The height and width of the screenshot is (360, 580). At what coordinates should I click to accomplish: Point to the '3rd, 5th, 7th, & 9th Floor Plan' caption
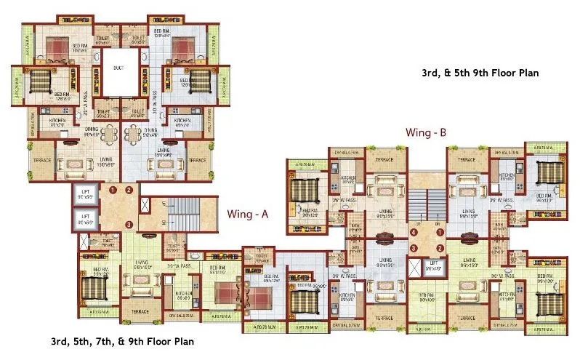122,340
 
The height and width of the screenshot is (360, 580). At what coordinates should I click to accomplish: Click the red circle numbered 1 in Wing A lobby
113,191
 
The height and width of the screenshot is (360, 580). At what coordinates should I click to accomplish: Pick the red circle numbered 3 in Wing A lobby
128,223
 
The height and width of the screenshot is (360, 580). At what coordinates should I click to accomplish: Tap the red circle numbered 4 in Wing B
413,233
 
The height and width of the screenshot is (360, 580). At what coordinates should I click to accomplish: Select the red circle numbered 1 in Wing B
438,233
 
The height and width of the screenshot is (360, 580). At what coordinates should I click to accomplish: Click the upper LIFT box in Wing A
85,195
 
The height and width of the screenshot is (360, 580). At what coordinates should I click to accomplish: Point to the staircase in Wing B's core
425,202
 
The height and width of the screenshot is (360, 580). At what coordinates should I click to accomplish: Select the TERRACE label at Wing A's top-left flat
40,159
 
